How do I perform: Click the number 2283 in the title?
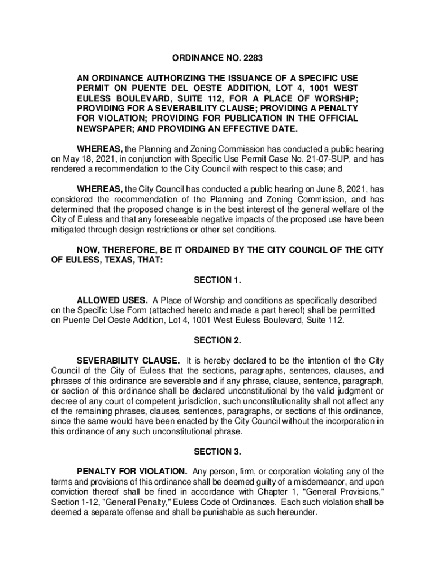click(x=253, y=58)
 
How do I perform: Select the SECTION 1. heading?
click(x=217, y=280)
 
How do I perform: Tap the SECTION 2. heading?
click(x=217, y=340)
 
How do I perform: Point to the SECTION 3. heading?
click(x=217, y=452)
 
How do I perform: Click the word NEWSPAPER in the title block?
click(x=107, y=128)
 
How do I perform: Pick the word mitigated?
click(x=70, y=230)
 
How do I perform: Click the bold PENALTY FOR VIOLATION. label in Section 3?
click(x=132, y=472)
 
